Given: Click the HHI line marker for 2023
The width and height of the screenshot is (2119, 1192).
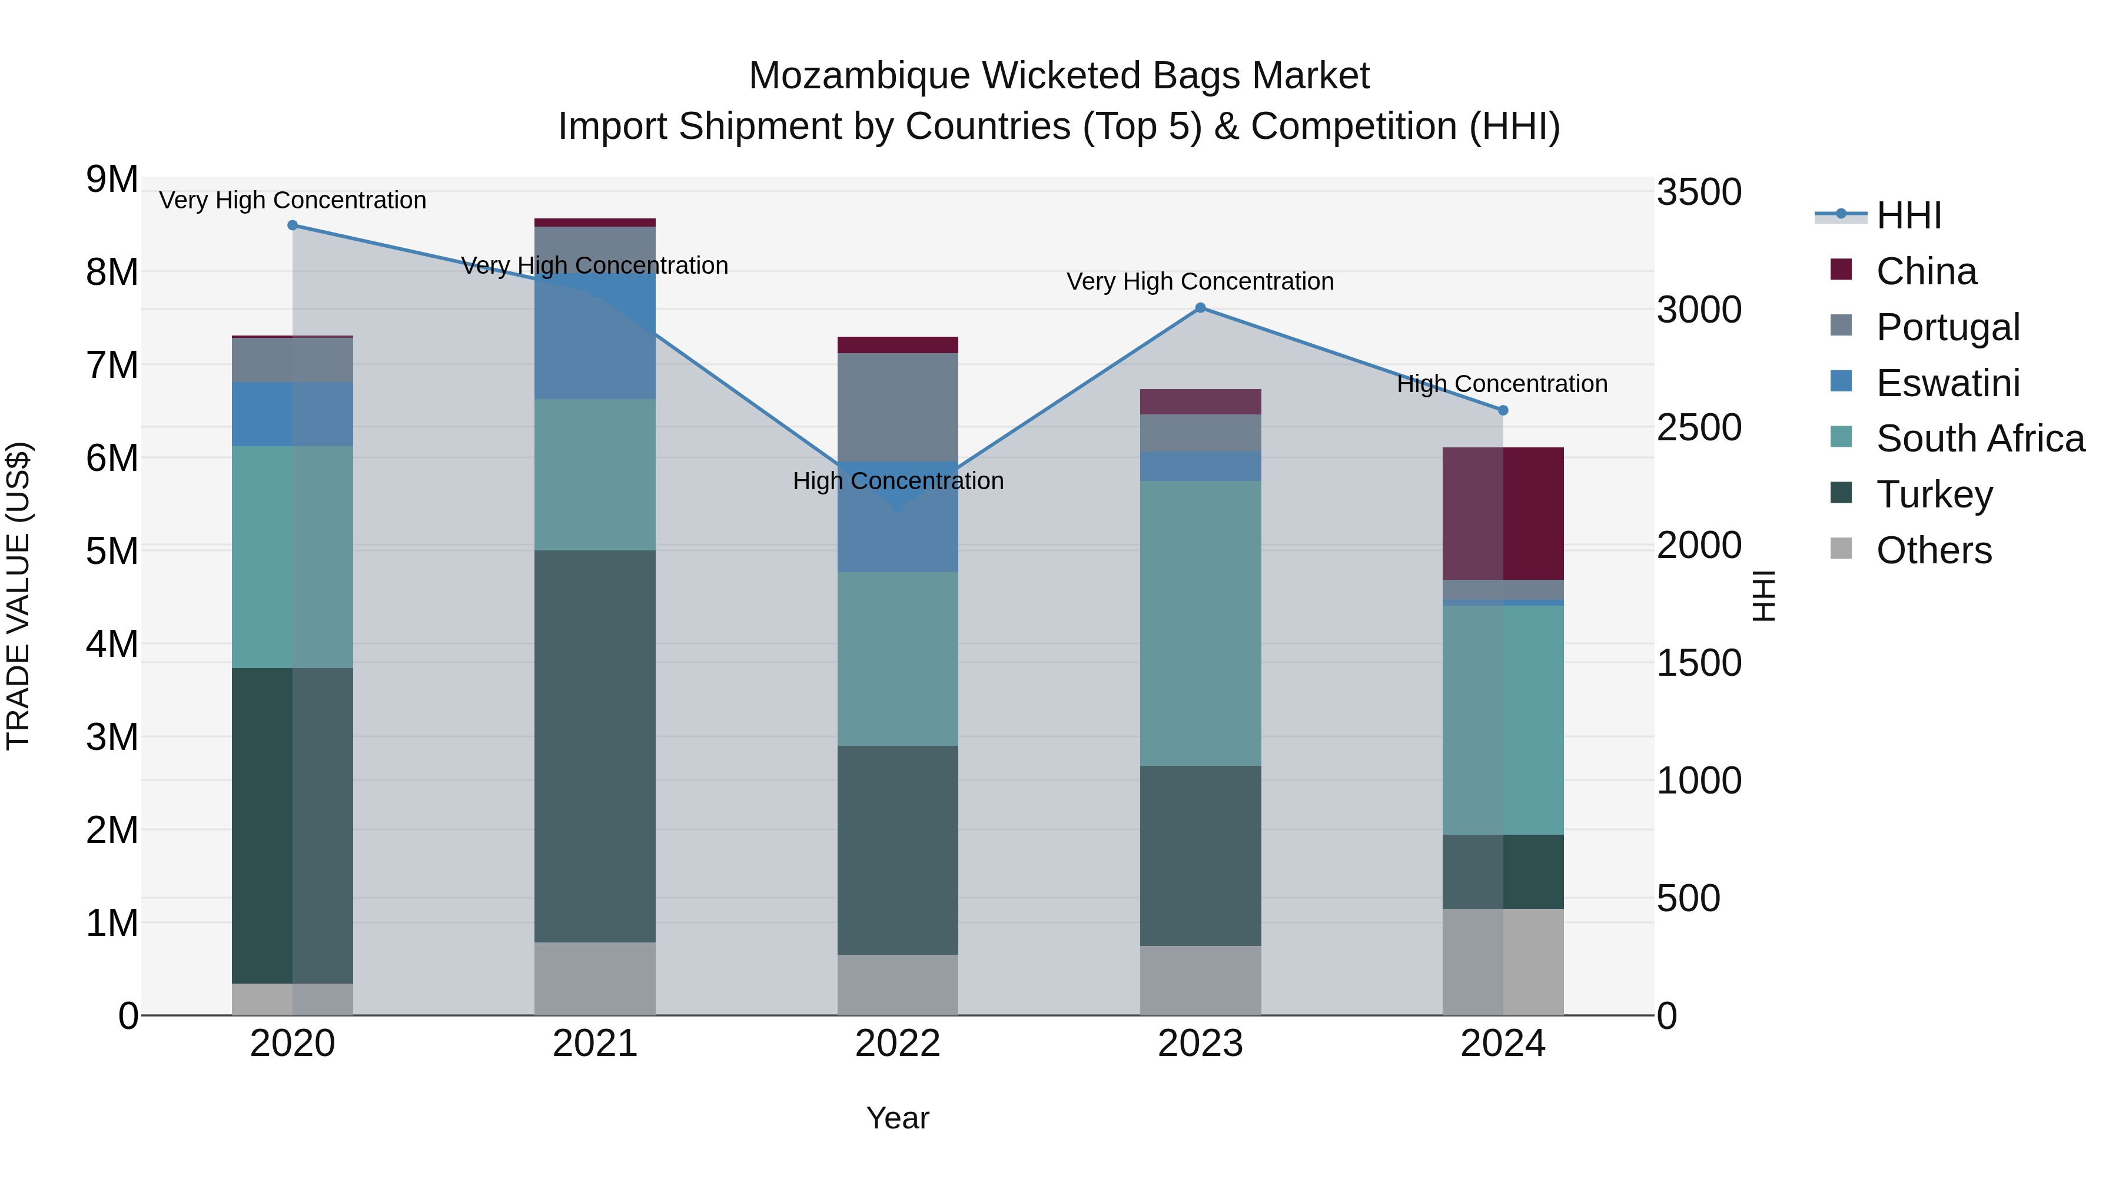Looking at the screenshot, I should (x=1200, y=308).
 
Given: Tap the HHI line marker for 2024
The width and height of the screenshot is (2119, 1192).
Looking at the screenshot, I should (x=1503, y=410).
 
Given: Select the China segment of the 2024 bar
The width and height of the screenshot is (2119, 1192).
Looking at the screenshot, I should (x=1503, y=513).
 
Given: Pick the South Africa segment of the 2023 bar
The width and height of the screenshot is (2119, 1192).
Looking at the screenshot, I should (x=1200, y=623).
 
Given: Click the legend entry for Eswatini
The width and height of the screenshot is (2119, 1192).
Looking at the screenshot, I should (x=1947, y=383).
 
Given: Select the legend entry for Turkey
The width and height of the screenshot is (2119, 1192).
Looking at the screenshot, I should (x=1934, y=494).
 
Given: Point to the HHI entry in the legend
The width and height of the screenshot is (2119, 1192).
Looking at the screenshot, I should (x=1908, y=215).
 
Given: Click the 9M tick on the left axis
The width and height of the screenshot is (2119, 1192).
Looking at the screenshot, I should (x=112, y=180).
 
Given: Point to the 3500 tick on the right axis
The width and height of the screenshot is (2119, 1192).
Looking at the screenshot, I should (x=1699, y=192).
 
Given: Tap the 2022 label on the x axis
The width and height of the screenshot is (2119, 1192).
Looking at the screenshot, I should (x=898, y=1044).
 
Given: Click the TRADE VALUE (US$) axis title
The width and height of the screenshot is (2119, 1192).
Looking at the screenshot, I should (x=18, y=596).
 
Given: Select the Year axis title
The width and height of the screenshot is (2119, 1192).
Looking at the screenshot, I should (x=898, y=1118).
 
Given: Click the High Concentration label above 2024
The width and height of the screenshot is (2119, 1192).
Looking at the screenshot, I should (x=1502, y=384).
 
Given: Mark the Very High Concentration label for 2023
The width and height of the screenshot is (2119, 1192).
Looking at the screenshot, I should (x=1200, y=281).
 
